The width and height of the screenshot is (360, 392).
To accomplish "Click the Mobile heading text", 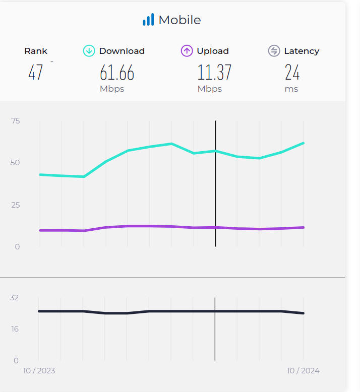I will coord(179,20).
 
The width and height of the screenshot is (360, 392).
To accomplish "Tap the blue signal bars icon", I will coord(148,20).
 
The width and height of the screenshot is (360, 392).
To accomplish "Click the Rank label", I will coord(36,51).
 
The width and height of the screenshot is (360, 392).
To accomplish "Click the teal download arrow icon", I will coord(89,51).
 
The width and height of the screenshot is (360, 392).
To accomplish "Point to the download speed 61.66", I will coord(117,73).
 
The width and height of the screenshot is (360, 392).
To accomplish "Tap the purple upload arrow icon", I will coord(187,51).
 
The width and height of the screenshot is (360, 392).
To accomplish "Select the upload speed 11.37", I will coord(214,73).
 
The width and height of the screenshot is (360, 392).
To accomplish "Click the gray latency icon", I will coord(274,51).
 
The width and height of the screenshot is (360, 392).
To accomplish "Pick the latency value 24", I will coord(292,73).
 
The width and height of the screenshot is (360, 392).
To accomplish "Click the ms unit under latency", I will coord(291,89).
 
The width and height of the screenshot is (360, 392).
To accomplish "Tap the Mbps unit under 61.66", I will coord(112,89).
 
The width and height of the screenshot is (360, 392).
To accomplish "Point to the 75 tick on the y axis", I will coord(15,120).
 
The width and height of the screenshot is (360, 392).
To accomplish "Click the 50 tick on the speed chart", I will coord(15,163).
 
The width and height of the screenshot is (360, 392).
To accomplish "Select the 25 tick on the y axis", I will coord(15,205).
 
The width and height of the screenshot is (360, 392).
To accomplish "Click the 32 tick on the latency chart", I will coord(14,297).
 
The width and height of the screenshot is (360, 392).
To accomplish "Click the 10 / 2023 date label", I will coord(39,371).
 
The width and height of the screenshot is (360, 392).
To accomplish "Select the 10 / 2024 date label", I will coord(303,371).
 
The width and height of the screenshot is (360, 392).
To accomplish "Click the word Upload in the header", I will coord(213,51).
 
